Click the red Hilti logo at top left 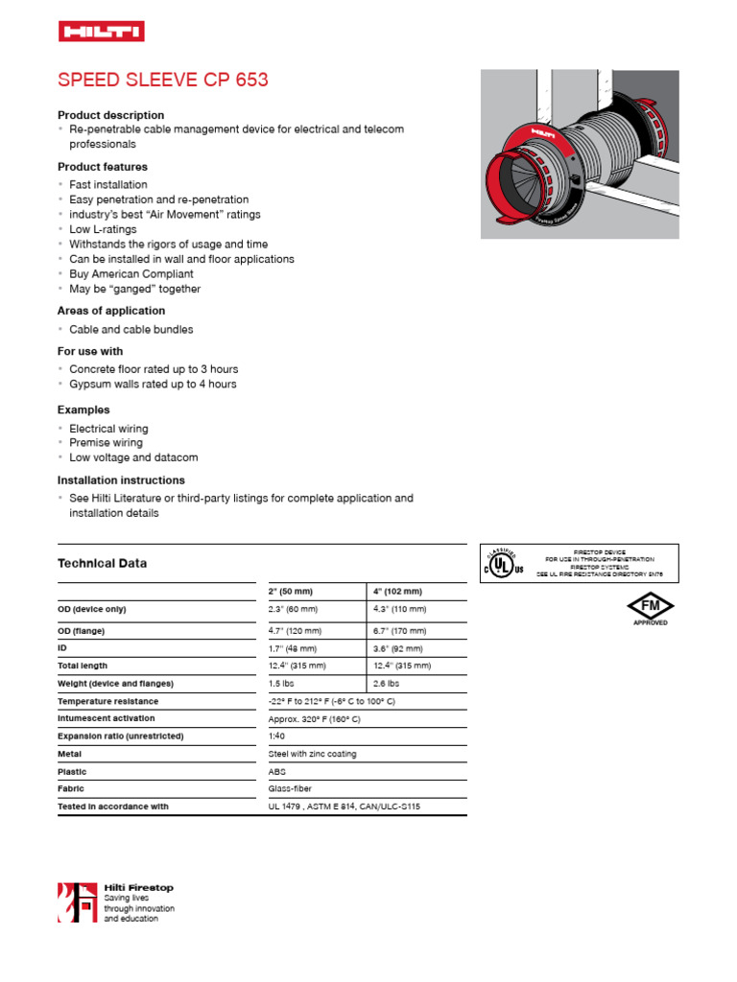pyautogui.click(x=101, y=33)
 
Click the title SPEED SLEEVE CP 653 pyautogui.click(x=163, y=81)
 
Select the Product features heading pyautogui.click(x=103, y=167)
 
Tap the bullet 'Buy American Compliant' pyautogui.click(x=131, y=274)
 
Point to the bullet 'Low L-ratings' pyautogui.click(x=103, y=229)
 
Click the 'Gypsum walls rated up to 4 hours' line pyautogui.click(x=153, y=385)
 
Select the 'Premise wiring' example pyautogui.click(x=106, y=443)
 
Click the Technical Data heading pyautogui.click(x=103, y=564)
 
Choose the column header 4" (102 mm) pyautogui.click(x=397, y=592)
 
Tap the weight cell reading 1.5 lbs pyautogui.click(x=282, y=684)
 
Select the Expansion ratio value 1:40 pyautogui.click(x=276, y=736)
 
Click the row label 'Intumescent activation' pyautogui.click(x=107, y=718)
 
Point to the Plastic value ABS pyautogui.click(x=277, y=771)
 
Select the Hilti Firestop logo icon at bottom pyautogui.click(x=78, y=902)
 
